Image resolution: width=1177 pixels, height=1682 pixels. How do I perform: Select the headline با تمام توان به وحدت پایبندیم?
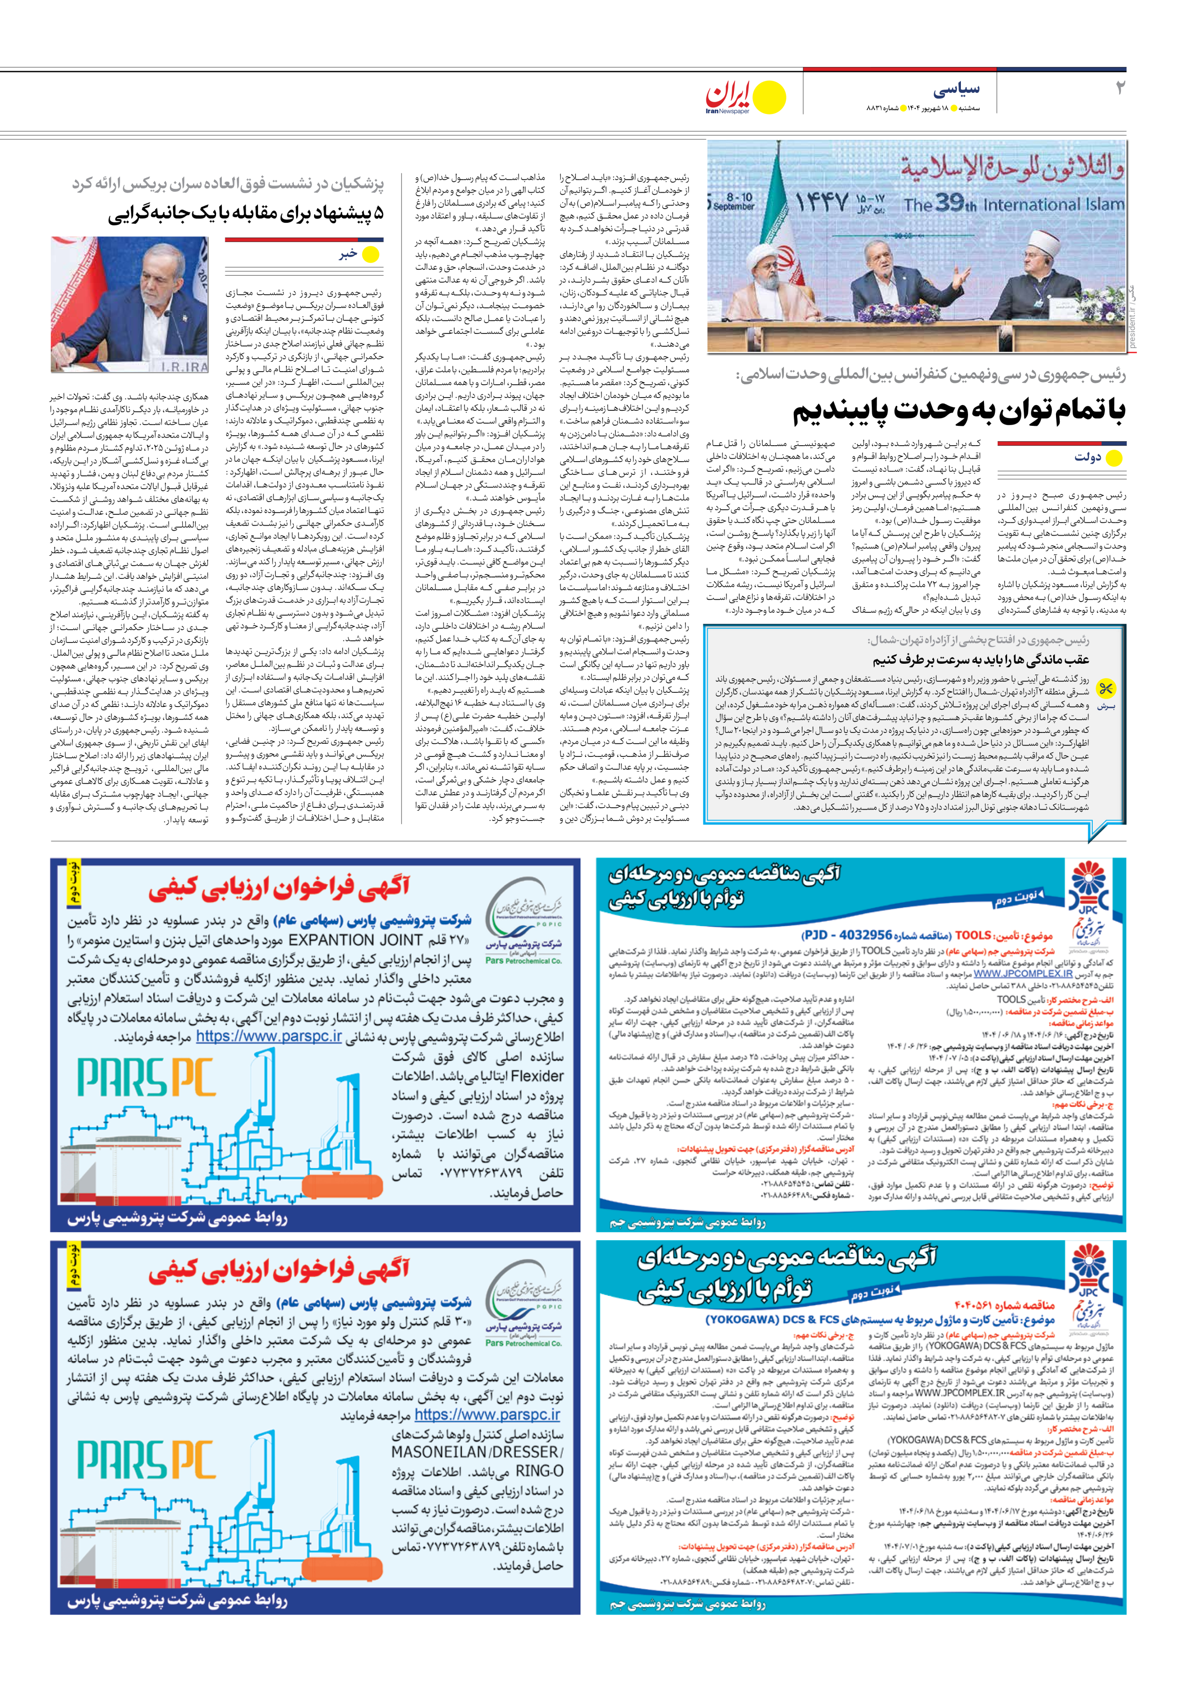tap(959, 412)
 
